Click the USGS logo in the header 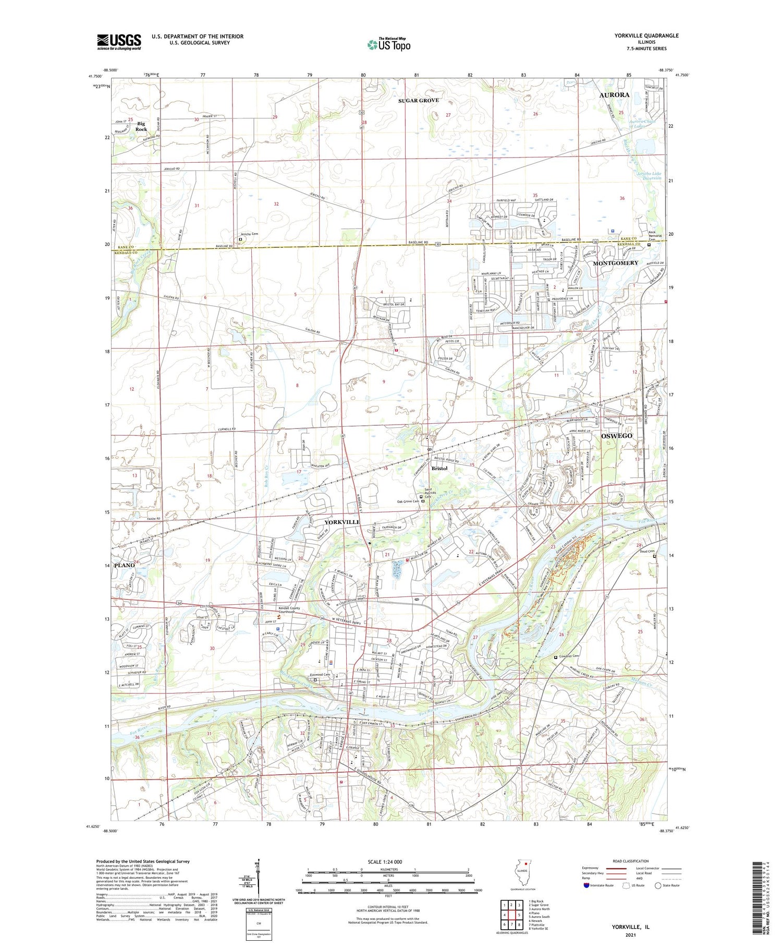tap(119, 42)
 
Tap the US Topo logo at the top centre tap(388, 45)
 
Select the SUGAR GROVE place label tap(419, 100)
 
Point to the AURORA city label tap(614, 95)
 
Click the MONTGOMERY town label tap(615, 263)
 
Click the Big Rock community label tap(141, 126)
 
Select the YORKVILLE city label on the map tap(342, 522)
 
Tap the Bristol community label tap(439, 469)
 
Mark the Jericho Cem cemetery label tap(249, 234)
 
